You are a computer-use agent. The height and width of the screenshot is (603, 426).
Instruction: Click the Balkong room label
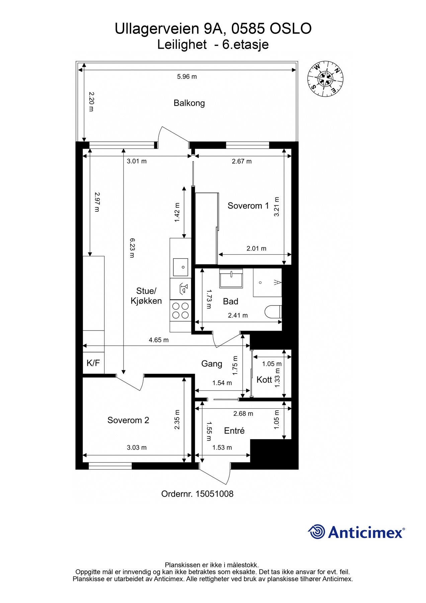pyautogui.click(x=189, y=103)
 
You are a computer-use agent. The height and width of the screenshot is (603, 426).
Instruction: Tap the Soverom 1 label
pyautogui.click(x=248, y=206)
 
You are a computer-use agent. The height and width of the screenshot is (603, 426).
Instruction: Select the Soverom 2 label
pyautogui.click(x=128, y=420)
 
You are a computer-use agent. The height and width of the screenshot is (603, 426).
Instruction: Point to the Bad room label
pyautogui.click(x=231, y=301)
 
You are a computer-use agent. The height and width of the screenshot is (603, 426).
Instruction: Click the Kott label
pyautogui.click(x=264, y=380)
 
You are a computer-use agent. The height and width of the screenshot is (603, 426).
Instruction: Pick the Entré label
pyautogui.click(x=234, y=430)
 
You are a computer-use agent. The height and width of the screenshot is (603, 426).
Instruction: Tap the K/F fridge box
pyautogui.click(x=93, y=363)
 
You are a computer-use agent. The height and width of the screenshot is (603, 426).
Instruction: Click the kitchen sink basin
pyautogui.click(x=180, y=267)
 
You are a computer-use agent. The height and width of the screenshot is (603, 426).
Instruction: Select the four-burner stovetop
pyautogui.click(x=180, y=310)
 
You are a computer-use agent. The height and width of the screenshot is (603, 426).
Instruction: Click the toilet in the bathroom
pyautogui.click(x=273, y=312)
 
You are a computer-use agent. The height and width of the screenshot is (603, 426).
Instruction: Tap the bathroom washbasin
pyautogui.click(x=231, y=278)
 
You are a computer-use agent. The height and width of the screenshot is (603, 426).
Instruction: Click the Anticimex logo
pyautogui.click(x=356, y=532)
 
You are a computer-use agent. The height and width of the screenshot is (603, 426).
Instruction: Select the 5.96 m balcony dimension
pyautogui.click(x=187, y=77)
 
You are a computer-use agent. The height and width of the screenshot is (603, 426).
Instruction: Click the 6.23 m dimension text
pyautogui.click(x=132, y=248)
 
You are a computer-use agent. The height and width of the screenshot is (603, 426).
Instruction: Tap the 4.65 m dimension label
pyautogui.click(x=159, y=340)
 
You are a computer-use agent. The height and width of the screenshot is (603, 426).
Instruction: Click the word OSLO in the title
pyautogui.click(x=290, y=29)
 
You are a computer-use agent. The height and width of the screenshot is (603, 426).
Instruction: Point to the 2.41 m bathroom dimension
pyautogui.click(x=238, y=315)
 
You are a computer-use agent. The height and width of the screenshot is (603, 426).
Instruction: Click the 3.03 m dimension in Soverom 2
pyautogui.click(x=137, y=448)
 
